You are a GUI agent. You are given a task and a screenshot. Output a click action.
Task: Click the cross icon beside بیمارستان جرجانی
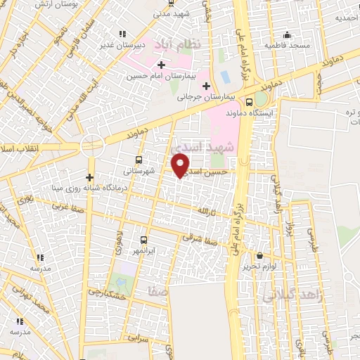pos(205,86)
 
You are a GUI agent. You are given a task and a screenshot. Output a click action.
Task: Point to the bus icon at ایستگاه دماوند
pos(249,100)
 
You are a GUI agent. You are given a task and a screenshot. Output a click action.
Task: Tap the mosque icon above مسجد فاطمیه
pos(286,35)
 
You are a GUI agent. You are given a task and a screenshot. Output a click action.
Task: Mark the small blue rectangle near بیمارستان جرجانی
pos(225,75)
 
